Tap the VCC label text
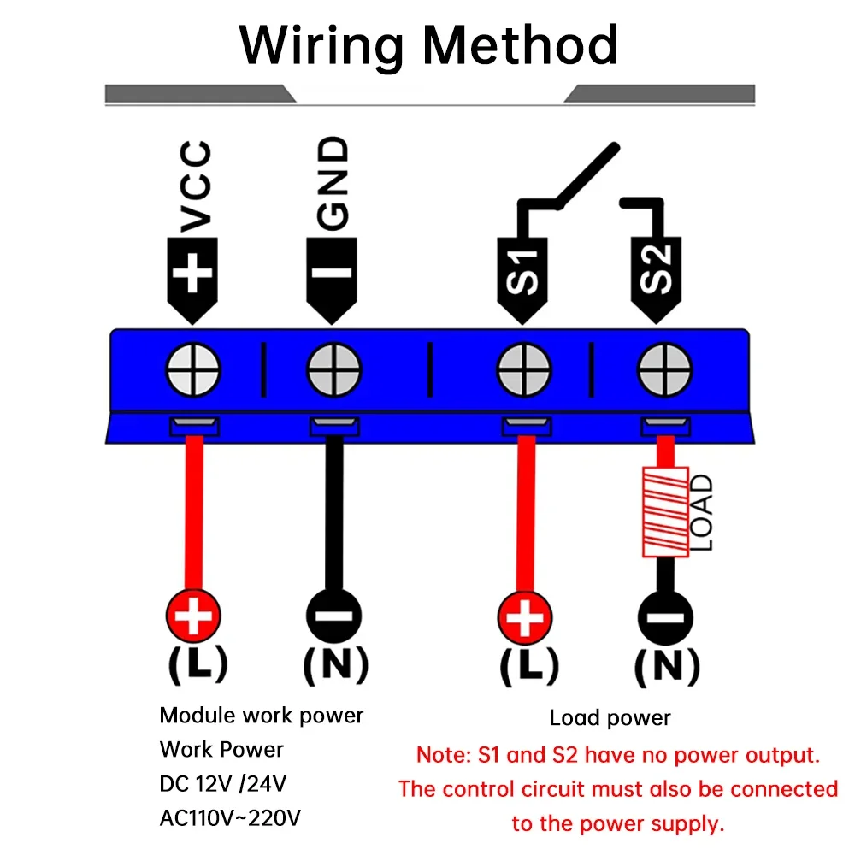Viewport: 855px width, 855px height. (x=196, y=188)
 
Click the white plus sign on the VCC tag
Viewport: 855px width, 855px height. (x=193, y=274)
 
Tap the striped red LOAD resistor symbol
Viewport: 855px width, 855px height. (x=665, y=511)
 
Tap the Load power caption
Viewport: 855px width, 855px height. (x=610, y=718)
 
